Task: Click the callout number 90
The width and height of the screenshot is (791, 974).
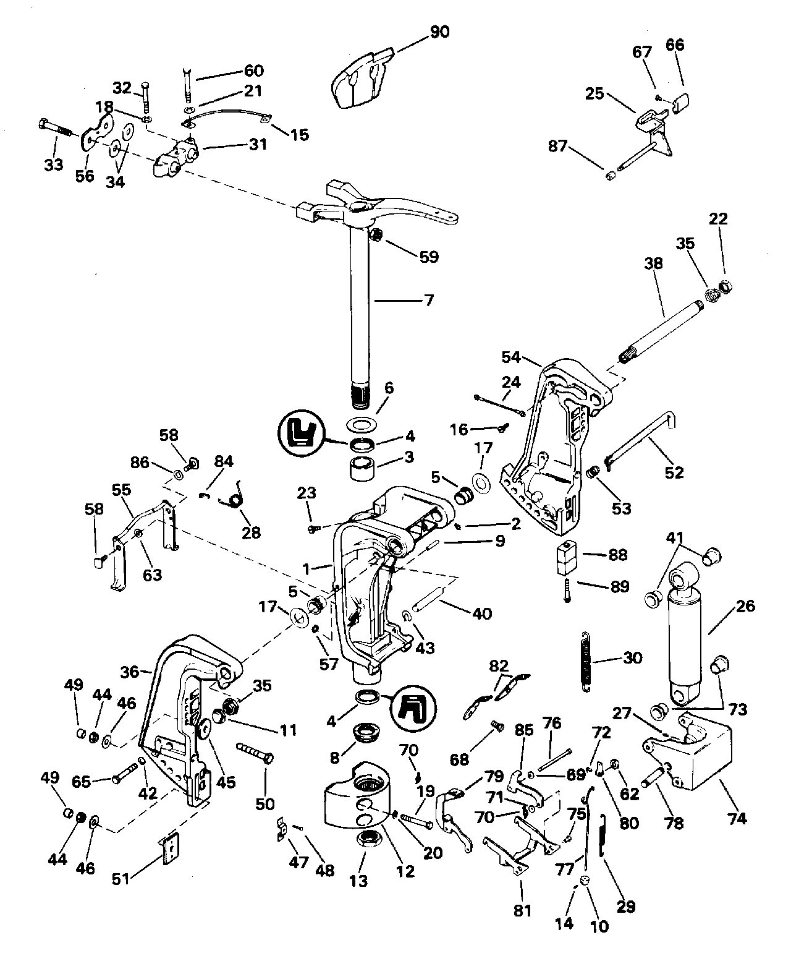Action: [x=439, y=32]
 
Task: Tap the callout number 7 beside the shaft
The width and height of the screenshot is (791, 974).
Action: [x=428, y=301]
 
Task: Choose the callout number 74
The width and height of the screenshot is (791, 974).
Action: [x=737, y=818]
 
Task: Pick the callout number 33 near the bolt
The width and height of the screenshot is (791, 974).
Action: [x=54, y=164]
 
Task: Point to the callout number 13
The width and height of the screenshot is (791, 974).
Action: [x=358, y=881]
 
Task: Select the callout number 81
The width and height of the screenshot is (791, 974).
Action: [x=522, y=894]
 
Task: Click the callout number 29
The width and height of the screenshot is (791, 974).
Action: [x=625, y=908]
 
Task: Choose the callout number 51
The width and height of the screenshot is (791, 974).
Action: [x=121, y=879]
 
